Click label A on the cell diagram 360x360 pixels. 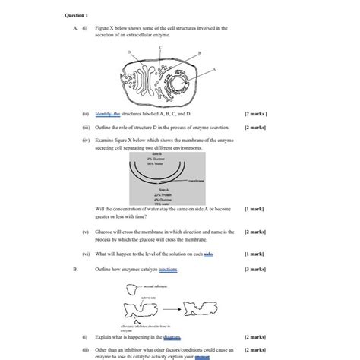click(215, 68)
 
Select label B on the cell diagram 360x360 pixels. click(199, 53)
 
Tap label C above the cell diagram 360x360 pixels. click(160, 47)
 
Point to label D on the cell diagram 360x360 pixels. click(129, 52)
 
